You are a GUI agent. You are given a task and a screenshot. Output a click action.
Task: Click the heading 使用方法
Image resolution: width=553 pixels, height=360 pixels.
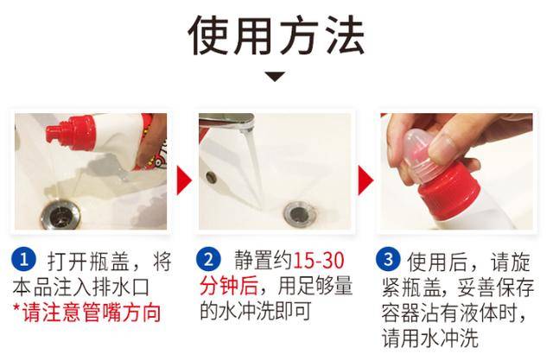pyautogui.click(x=276, y=35)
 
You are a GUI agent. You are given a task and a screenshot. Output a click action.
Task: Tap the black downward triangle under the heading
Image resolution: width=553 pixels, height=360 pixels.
pyautogui.click(x=275, y=77)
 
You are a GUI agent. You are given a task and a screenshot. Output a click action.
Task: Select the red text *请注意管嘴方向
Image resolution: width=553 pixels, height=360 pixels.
pyautogui.click(x=91, y=312)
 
